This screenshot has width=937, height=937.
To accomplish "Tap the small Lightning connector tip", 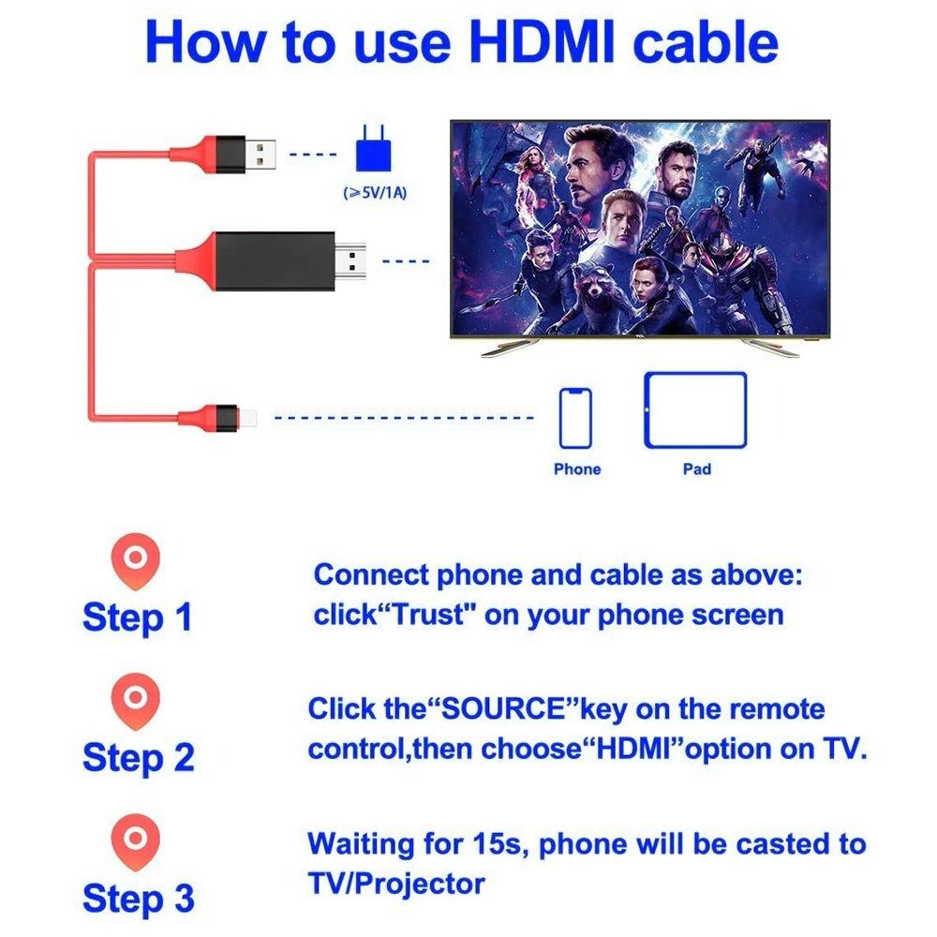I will pos(250,415).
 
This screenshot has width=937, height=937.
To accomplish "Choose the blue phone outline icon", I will pos(575,418).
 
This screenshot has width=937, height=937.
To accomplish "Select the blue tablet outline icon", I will pos(695,410).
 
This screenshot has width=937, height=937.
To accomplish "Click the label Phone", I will pos(577,468).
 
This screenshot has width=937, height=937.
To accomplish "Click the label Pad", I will pos(696,468).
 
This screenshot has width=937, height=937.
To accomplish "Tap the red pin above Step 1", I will pos(136,560).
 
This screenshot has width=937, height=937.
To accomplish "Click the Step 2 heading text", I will pos(138,756).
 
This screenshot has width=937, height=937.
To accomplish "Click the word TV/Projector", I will pos(395,883).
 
